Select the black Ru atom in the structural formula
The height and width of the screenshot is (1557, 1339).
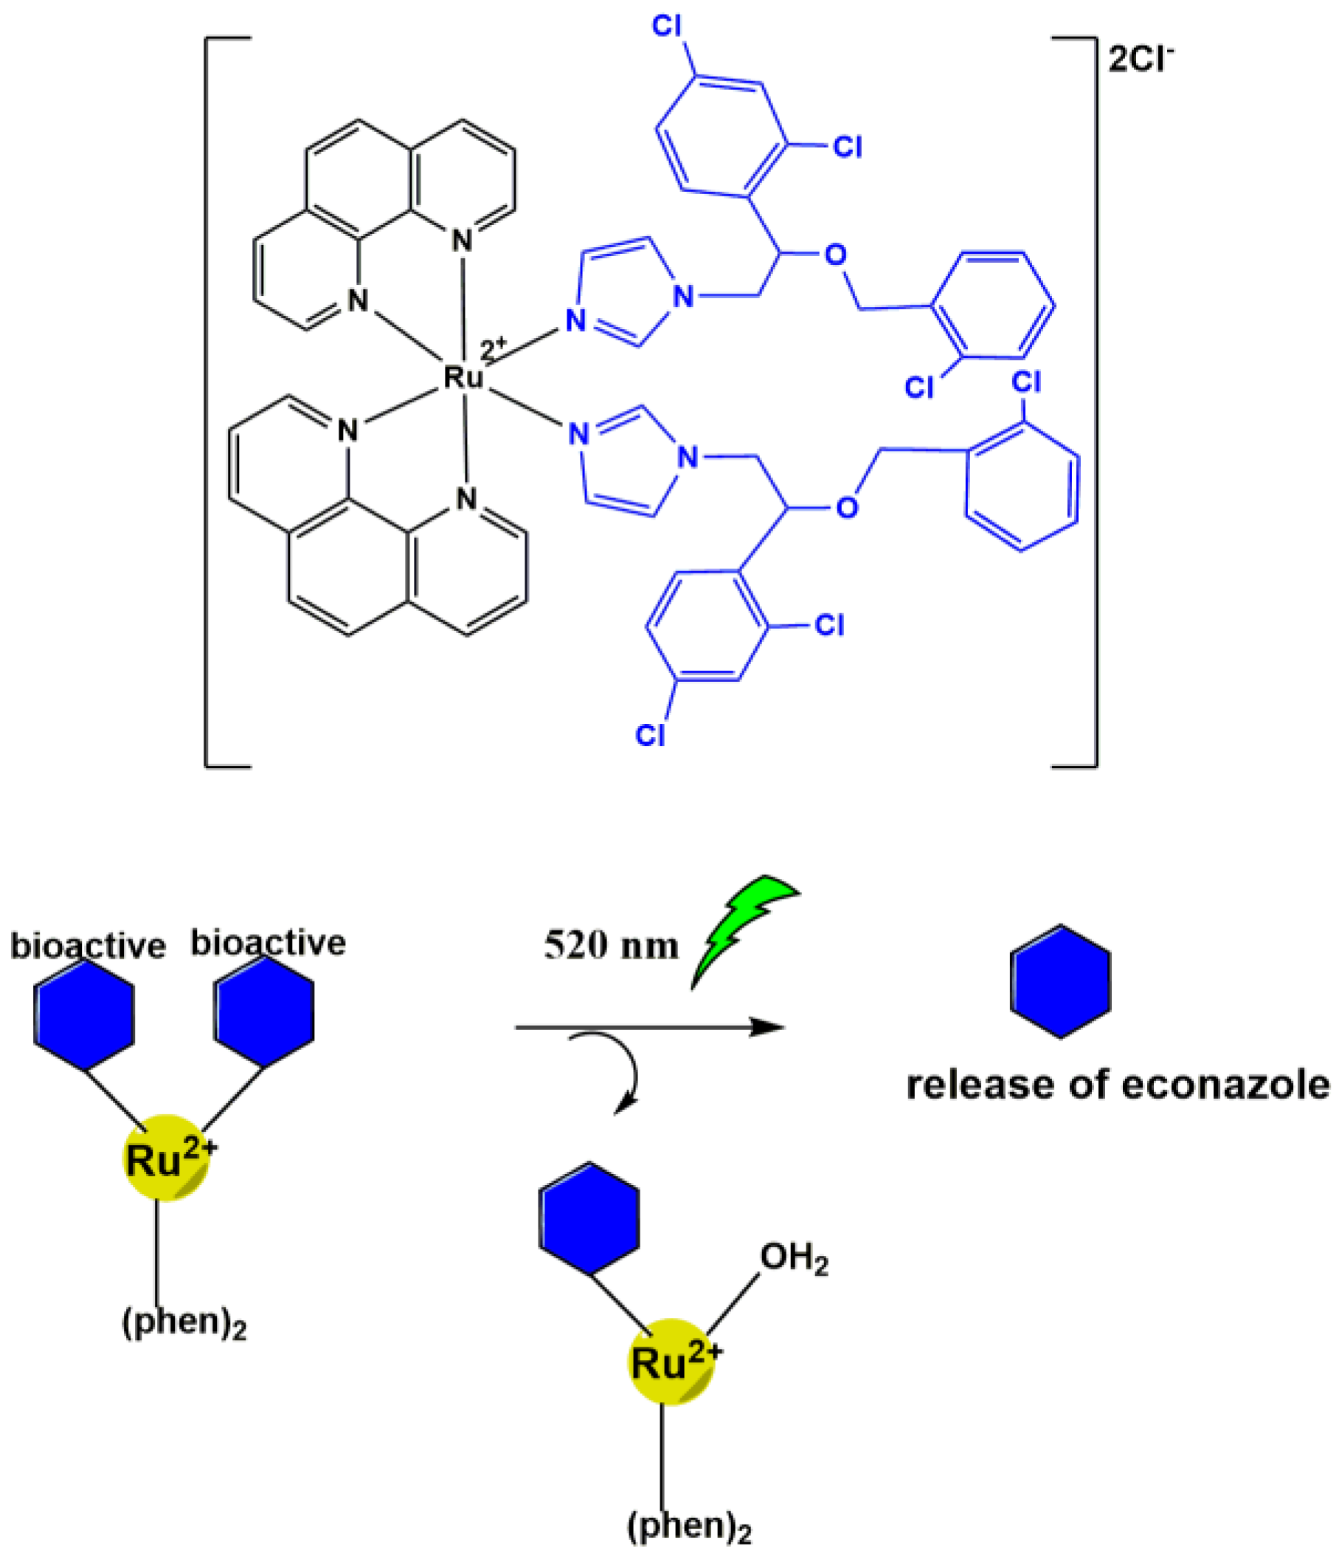[x=463, y=376]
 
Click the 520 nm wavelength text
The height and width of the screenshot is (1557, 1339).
[x=611, y=945]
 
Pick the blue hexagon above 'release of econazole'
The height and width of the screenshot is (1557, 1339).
[x=1060, y=982]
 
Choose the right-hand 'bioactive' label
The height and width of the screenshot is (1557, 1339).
[x=269, y=943]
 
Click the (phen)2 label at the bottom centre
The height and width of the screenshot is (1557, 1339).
[x=689, y=1526]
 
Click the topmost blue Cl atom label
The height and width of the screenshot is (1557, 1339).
[x=666, y=27]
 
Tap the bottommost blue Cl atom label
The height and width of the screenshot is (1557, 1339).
[x=650, y=735]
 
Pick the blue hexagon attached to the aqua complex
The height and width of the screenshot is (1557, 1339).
[x=589, y=1218]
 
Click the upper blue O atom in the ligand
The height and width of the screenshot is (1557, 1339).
[x=836, y=255]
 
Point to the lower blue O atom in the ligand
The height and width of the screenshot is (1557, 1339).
[x=847, y=508]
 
